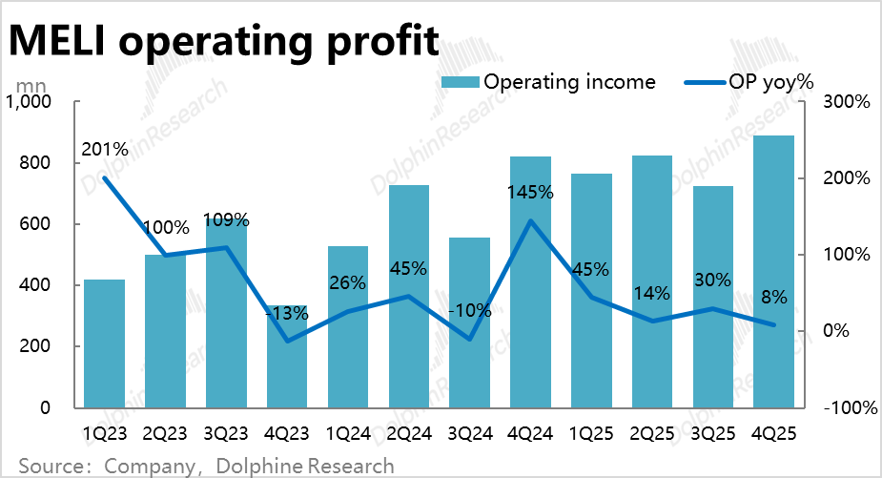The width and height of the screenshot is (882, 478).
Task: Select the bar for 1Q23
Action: tap(104, 343)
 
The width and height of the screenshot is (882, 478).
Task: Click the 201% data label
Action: tap(105, 149)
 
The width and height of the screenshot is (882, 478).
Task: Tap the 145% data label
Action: tap(530, 192)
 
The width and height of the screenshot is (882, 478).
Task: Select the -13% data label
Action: tap(287, 312)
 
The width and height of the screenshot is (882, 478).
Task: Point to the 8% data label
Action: tap(773, 297)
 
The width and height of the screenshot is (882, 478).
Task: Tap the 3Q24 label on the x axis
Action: tap(469, 433)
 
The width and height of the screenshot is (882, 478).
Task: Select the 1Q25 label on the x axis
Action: tap(591, 433)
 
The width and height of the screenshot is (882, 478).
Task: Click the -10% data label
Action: tap(469, 310)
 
